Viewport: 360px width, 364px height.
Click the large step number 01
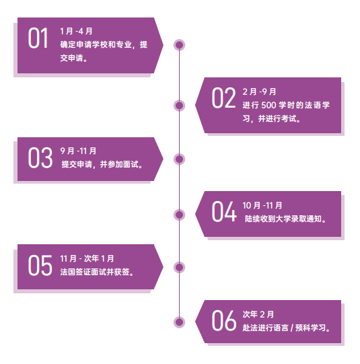click(x=38, y=38)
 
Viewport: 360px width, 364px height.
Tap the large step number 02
click(x=224, y=98)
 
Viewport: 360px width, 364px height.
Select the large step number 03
click(x=40, y=157)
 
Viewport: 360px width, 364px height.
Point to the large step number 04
click(x=224, y=211)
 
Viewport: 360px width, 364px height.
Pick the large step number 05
click(x=40, y=265)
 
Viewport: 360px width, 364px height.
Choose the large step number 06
click(x=224, y=320)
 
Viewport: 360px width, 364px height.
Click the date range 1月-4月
click(x=76, y=31)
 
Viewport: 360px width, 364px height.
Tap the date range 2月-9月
click(x=259, y=92)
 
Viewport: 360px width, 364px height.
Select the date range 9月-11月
click(x=78, y=151)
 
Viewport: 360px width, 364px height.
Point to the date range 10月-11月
click(x=262, y=205)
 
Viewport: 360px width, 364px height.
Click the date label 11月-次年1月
click(x=87, y=258)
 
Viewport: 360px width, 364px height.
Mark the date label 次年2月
click(x=258, y=314)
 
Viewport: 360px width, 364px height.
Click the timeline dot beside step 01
click(x=179, y=45)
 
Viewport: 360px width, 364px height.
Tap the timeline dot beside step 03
click(x=179, y=159)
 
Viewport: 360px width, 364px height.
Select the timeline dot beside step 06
click(x=179, y=322)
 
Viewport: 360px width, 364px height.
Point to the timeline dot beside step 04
click(x=179, y=215)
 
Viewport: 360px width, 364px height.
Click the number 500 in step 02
click(x=268, y=106)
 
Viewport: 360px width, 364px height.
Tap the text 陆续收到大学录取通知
click(x=283, y=219)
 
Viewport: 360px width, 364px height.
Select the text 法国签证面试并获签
click(x=95, y=272)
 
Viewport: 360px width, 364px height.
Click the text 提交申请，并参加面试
click(x=100, y=164)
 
